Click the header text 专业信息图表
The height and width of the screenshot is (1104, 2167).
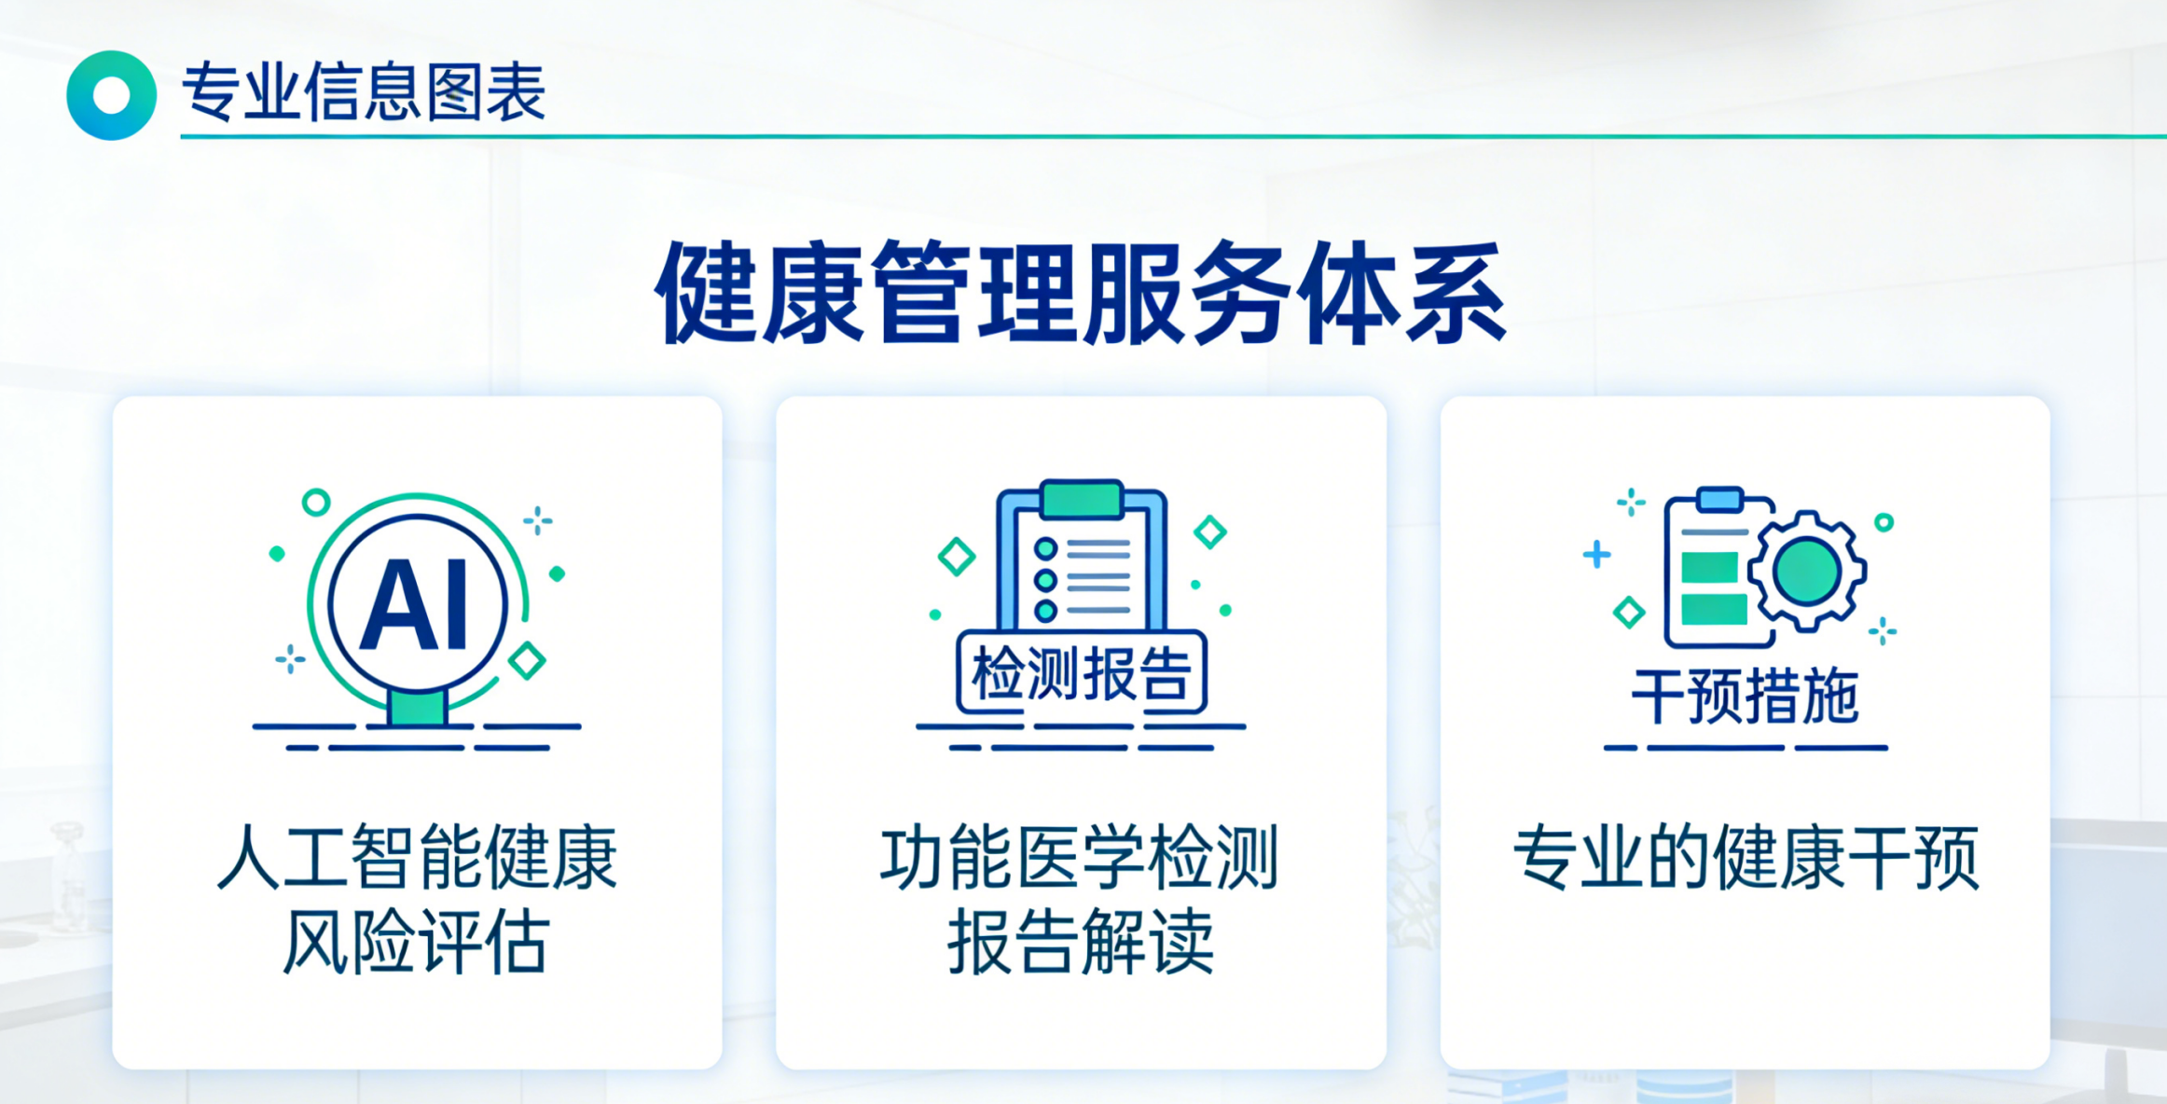(x=364, y=92)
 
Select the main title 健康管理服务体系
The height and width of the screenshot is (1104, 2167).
(x=1081, y=293)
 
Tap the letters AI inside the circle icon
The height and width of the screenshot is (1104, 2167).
(x=417, y=605)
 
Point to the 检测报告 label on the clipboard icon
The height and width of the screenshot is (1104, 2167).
(x=1082, y=673)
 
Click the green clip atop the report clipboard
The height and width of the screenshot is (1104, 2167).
(x=1082, y=499)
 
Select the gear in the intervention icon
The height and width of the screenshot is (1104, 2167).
(x=1807, y=571)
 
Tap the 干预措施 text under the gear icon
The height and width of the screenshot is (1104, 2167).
(x=1745, y=697)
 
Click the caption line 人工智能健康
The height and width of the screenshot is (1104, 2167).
(x=417, y=857)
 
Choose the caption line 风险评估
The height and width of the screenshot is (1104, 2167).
(x=416, y=942)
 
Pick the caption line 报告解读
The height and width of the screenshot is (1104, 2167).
(x=1081, y=942)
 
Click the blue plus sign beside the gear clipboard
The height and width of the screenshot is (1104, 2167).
(x=1596, y=554)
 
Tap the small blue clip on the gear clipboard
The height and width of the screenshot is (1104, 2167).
(x=1719, y=500)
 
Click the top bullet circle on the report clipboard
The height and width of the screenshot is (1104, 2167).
(x=1046, y=548)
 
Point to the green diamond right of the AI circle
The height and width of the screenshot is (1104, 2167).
(x=527, y=660)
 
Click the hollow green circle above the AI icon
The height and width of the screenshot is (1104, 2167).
(x=316, y=503)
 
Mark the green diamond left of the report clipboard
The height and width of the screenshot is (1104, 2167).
(x=957, y=557)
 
